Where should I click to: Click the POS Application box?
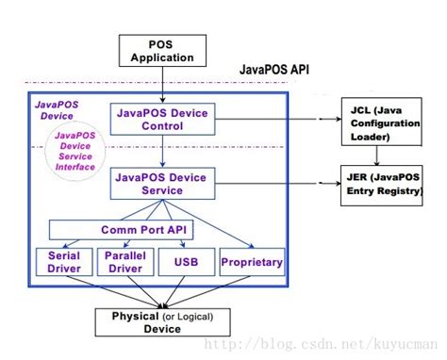163,50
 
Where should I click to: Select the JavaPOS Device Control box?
163,119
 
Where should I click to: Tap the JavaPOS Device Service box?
163,181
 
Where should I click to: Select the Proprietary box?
251,262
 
